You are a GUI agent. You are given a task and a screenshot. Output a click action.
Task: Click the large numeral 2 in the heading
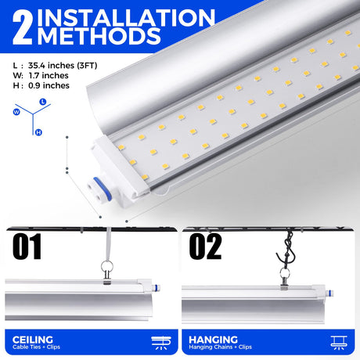[23, 29]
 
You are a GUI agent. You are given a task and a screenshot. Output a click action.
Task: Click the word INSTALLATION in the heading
[126, 18]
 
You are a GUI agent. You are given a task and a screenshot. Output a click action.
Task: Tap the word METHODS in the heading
[99, 36]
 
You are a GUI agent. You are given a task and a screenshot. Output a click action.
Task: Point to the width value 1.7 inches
[49, 75]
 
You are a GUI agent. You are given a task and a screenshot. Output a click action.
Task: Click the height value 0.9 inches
[49, 85]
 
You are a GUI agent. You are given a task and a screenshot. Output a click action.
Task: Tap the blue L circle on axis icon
[43, 102]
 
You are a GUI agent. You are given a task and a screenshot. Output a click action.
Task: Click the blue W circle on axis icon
[16, 112]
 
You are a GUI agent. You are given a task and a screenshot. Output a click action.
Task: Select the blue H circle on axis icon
[38, 132]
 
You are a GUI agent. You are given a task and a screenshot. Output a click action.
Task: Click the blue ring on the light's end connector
[103, 189]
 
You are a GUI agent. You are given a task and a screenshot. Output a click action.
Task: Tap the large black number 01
[27, 247]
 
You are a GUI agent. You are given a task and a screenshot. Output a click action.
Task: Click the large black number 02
[205, 247]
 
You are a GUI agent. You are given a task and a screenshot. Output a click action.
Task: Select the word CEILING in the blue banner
[33, 340]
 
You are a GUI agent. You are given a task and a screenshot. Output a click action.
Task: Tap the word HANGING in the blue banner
[213, 340]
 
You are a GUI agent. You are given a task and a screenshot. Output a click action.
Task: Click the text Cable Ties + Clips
[36, 347]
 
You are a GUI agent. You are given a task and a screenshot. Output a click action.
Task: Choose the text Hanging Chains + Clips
[221, 347]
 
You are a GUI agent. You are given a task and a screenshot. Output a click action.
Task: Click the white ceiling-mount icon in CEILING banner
[161, 343]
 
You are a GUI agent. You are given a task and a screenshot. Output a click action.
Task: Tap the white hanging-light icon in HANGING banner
[339, 343]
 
